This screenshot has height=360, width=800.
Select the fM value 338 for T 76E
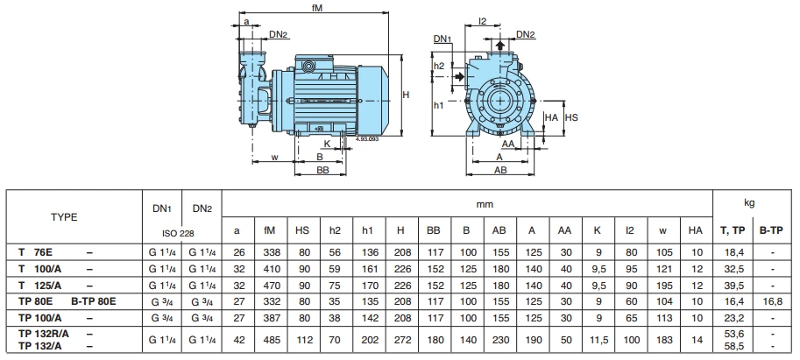click(270, 252)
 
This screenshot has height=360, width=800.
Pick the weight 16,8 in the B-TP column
click(771, 300)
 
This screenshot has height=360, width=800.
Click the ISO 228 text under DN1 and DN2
click(181, 234)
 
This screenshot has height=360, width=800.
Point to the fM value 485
click(270, 340)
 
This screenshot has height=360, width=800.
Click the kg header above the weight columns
click(749, 202)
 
